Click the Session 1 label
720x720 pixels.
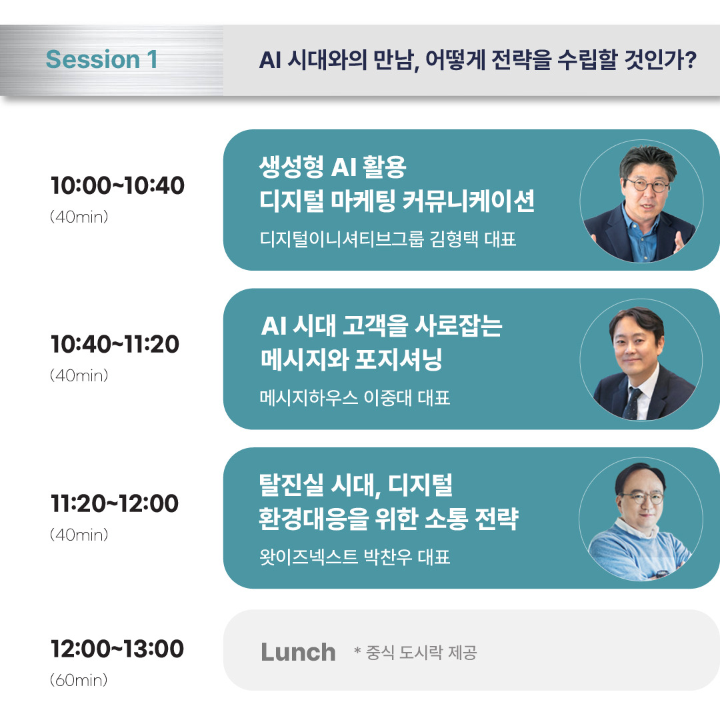(x=101, y=59)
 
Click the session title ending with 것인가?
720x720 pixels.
(x=477, y=60)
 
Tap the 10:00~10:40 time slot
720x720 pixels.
(x=117, y=186)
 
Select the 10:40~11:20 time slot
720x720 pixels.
(x=115, y=345)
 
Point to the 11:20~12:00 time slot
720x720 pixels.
(x=115, y=503)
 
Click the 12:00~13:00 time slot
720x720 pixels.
(x=117, y=649)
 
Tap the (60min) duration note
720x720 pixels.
(x=79, y=681)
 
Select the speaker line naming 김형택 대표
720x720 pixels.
(x=388, y=239)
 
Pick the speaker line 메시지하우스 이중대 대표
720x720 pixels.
(x=355, y=398)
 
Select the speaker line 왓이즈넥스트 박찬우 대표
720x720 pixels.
(x=355, y=557)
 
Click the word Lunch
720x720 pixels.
(x=298, y=651)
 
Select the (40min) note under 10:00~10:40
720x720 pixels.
(x=79, y=217)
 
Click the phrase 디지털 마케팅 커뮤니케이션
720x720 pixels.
(x=397, y=201)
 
